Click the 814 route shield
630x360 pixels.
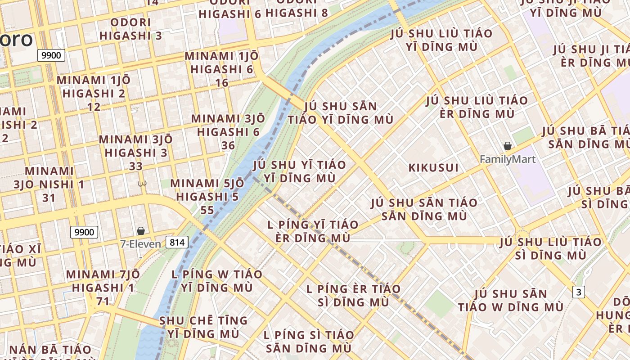pos(177,243)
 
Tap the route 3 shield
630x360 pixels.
pos(579,292)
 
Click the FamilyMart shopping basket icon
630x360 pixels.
pos(508,146)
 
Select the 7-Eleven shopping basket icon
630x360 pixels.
pos(141,231)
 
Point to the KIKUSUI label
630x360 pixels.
pos(433,168)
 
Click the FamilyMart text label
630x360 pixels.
pos(508,159)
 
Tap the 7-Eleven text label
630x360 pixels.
pos(140,244)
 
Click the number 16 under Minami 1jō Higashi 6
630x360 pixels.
pos(222,83)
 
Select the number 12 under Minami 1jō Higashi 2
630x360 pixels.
pos(94,107)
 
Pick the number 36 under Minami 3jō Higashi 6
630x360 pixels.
pos(228,145)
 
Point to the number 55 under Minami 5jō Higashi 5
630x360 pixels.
pos(207,210)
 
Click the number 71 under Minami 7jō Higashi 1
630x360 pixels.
pos(103,301)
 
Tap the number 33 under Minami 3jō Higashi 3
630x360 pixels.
pos(136,166)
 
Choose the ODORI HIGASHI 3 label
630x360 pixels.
pos(130,29)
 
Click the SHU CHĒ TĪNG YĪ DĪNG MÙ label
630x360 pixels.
pos(203,327)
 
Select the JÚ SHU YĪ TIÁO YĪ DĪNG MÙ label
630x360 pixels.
pos(299,171)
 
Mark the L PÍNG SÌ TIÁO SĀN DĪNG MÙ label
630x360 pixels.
pos(309,342)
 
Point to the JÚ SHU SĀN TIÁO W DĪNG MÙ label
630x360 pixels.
pos(511,301)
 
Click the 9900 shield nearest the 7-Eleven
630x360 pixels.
pos(84,232)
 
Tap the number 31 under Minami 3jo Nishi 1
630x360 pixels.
pos(49,198)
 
